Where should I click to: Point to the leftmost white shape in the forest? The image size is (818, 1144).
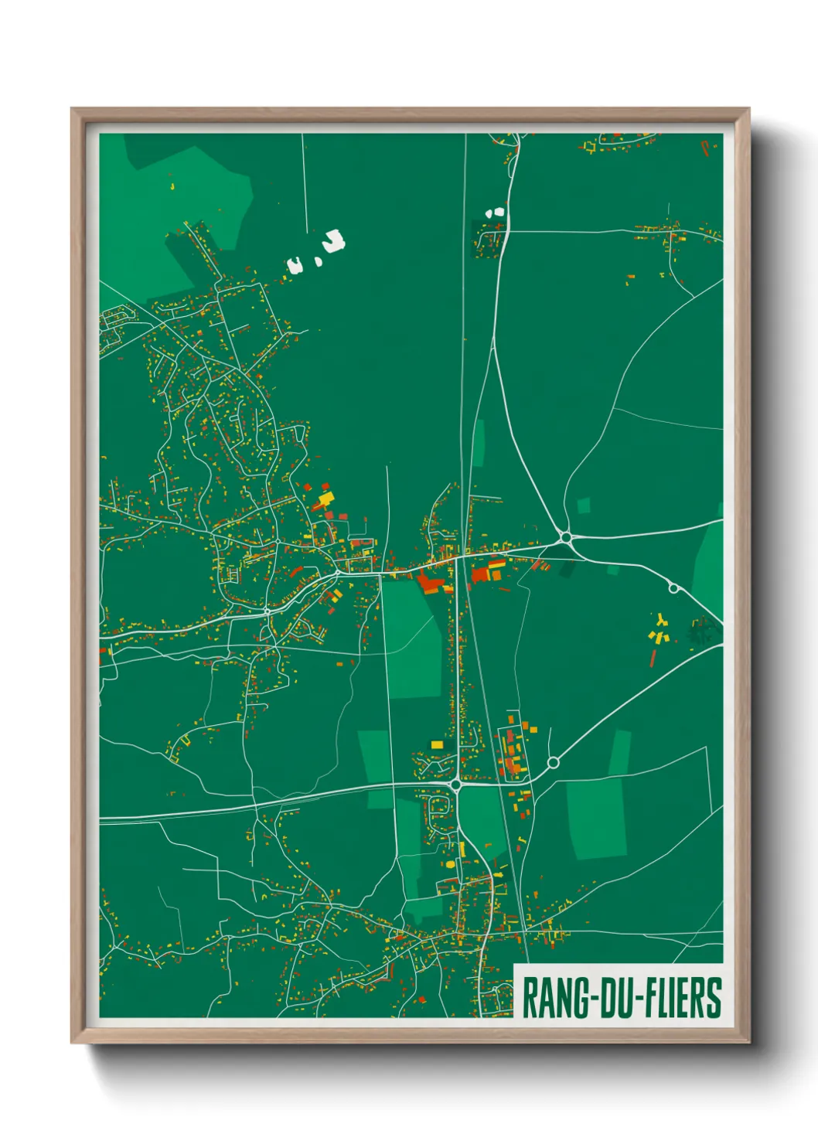click(295, 265)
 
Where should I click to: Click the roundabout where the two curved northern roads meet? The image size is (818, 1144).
click(566, 536)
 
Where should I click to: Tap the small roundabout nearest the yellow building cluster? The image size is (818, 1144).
click(673, 588)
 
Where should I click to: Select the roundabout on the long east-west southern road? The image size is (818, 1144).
click(456, 785)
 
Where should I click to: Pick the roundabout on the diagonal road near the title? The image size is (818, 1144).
click(553, 763)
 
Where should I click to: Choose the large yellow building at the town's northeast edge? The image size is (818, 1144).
click(325, 498)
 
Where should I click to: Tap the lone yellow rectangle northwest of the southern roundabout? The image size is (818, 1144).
click(437, 744)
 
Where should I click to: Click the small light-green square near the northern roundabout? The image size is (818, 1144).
click(584, 506)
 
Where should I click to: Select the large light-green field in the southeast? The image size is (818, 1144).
click(597, 819)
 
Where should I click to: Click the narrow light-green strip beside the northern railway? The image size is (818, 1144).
click(479, 443)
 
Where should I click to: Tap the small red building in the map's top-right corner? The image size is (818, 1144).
click(704, 145)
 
